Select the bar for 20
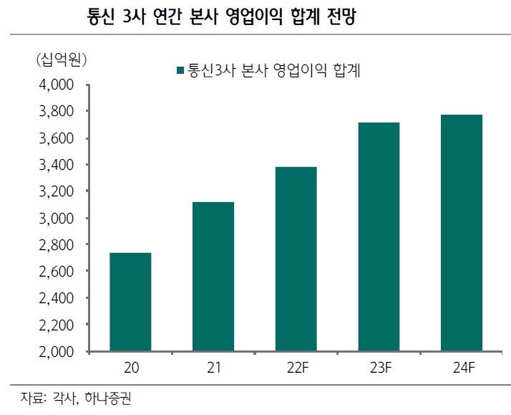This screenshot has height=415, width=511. click(130, 302)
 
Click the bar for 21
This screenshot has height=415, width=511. click(213, 277)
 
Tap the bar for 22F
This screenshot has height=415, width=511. click(296, 259)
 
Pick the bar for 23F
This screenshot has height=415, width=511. click(379, 237)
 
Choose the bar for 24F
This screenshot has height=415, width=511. click(462, 233)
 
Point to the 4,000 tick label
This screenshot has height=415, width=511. click(55, 85)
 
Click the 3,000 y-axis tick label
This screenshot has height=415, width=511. click(55, 218)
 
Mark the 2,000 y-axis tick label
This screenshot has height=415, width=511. click(55, 352)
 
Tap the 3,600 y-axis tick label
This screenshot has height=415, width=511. click(55, 138)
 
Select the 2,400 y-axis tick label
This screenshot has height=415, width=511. click(55, 298)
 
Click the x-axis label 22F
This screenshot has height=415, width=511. click(296, 368)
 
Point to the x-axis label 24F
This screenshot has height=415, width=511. click(462, 368)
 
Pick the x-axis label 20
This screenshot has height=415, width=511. click(130, 368)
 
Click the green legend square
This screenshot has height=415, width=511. click(179, 71)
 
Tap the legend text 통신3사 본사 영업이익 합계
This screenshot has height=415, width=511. click(273, 70)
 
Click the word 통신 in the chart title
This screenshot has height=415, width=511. click(101, 16)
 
